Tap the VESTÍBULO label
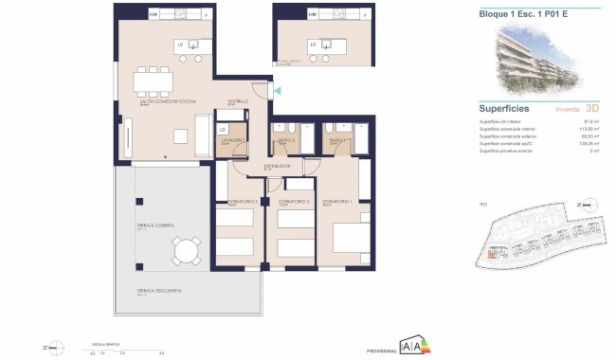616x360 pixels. [237, 100]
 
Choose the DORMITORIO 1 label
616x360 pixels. [337, 201]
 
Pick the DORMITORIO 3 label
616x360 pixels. [294, 201]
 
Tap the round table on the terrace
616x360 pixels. [186, 252]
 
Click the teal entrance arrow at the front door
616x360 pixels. [276, 89]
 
